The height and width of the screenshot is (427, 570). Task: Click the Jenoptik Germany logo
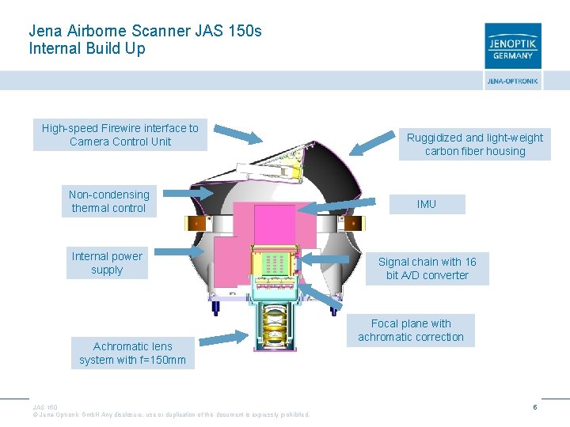(x=513, y=46)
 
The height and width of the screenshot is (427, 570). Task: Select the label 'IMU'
(x=427, y=204)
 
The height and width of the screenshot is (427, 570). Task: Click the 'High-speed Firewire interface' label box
(x=120, y=135)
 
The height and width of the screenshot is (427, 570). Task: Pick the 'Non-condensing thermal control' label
(x=108, y=202)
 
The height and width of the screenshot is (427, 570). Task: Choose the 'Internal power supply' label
(x=107, y=263)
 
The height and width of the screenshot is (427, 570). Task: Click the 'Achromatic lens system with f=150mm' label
(x=132, y=353)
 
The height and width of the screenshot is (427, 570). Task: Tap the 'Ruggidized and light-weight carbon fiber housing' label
(x=474, y=144)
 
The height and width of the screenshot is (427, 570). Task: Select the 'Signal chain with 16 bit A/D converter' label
(x=427, y=269)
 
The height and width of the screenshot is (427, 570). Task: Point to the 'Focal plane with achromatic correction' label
(x=411, y=330)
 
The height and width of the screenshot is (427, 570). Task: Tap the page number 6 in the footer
(x=535, y=407)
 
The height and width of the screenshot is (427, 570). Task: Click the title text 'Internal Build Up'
(x=87, y=48)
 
